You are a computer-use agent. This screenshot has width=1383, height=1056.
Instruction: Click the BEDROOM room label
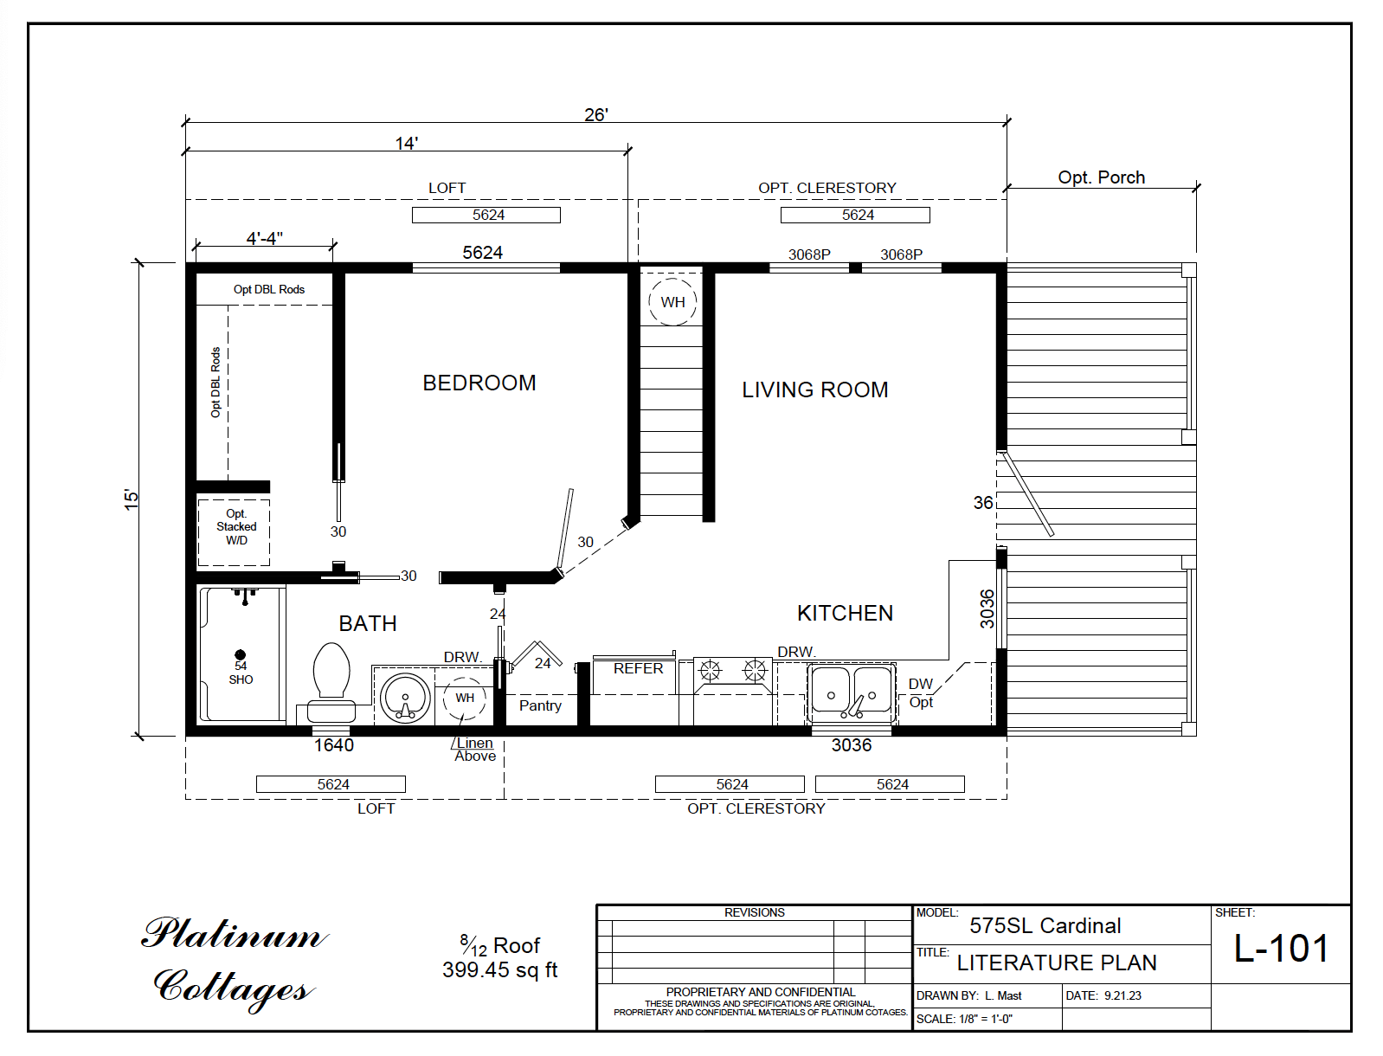click(479, 383)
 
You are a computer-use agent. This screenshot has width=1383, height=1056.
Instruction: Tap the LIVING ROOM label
click(814, 390)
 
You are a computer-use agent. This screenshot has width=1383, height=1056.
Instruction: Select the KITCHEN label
click(844, 613)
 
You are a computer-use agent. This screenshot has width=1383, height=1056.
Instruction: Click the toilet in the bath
click(331, 684)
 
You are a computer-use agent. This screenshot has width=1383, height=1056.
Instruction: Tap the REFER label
click(638, 668)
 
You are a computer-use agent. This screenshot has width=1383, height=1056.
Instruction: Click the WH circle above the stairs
click(672, 302)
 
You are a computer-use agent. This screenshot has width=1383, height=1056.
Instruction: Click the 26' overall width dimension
click(595, 114)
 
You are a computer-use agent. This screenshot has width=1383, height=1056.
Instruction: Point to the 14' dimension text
click(406, 143)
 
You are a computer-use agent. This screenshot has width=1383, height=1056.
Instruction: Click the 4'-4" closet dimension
click(264, 238)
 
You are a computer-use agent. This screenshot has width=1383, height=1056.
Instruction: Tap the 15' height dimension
click(131, 499)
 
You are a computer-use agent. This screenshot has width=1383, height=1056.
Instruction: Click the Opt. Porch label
click(1101, 177)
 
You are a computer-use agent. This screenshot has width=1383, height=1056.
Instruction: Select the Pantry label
click(540, 705)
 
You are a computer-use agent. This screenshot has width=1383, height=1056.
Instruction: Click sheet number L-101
click(1281, 949)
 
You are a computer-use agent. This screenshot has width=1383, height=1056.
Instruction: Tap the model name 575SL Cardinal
click(1045, 925)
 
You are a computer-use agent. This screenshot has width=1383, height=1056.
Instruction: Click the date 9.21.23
click(1122, 995)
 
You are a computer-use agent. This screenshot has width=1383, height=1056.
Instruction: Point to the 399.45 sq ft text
click(499, 970)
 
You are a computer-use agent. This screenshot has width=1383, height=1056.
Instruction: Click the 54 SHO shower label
click(241, 673)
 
